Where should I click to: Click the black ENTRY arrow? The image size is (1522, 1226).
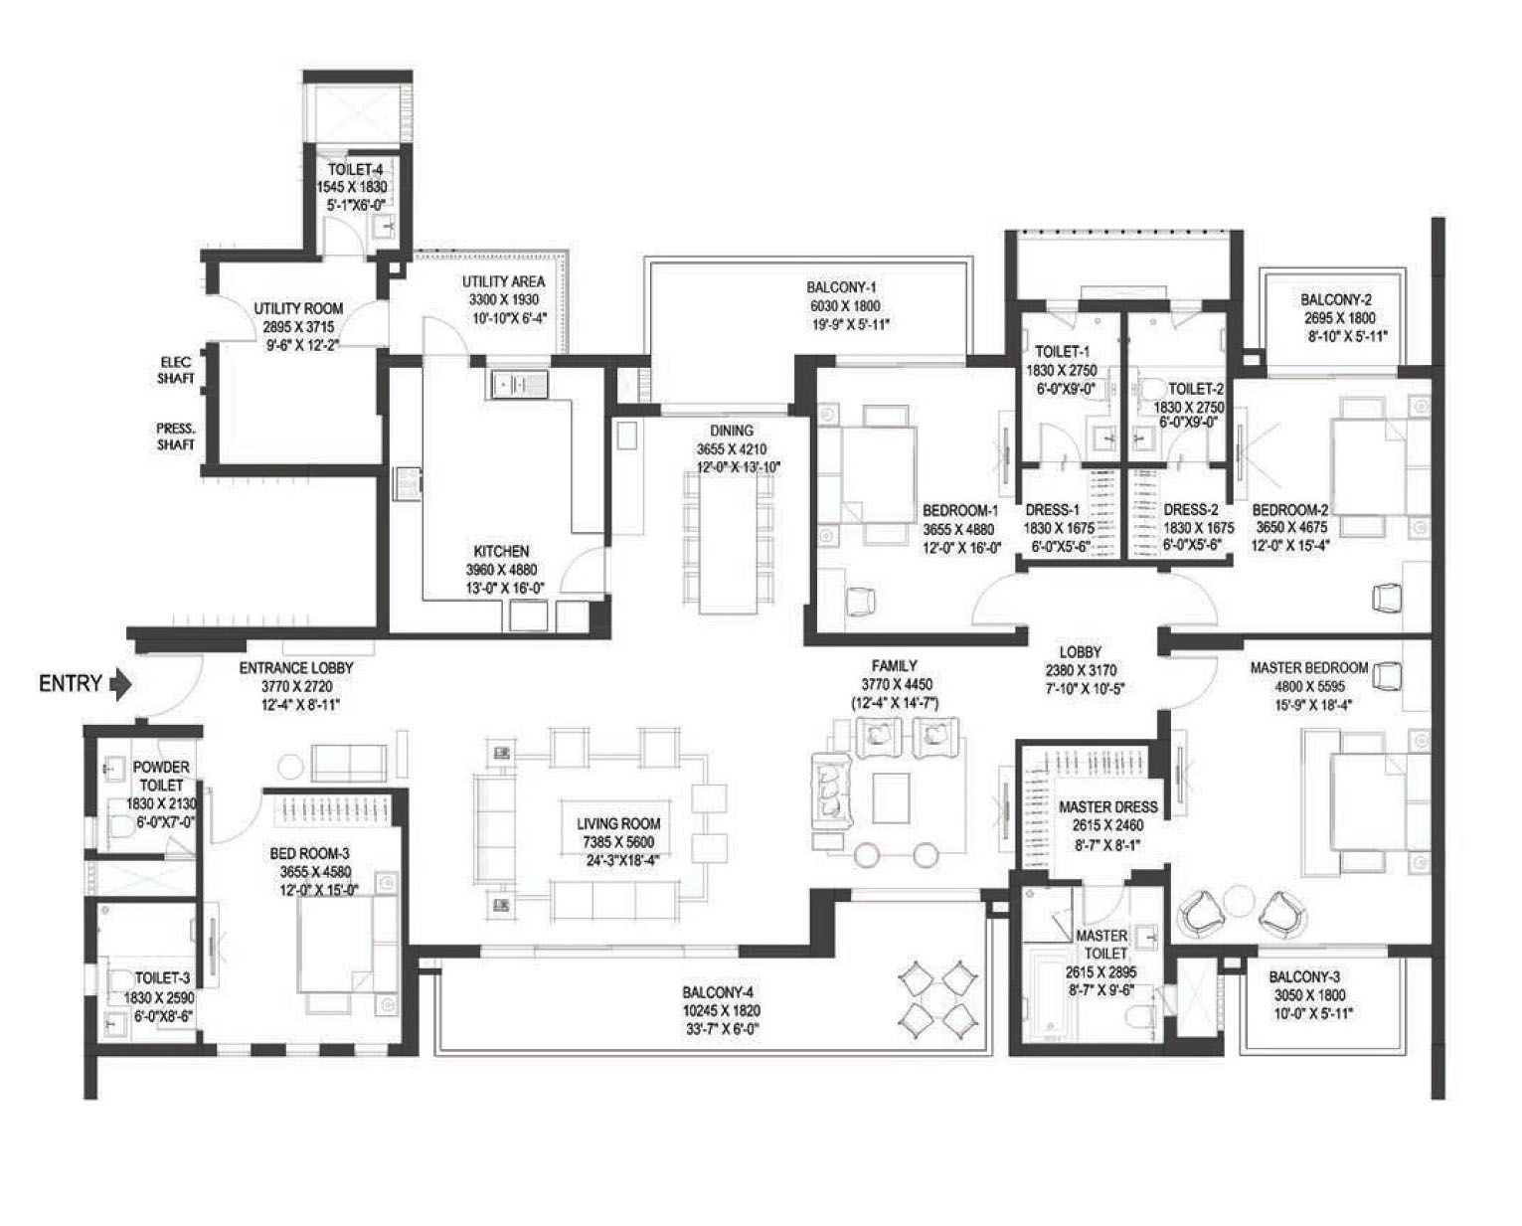click(121, 684)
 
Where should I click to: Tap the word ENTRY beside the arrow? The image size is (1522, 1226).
click(70, 684)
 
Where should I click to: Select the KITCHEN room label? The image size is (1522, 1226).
click(501, 551)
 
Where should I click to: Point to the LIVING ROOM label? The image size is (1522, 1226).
click(618, 823)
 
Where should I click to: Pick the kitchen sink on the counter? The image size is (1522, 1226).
click(517, 385)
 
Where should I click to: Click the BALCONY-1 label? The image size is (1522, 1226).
click(842, 287)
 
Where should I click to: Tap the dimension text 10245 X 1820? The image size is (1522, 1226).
click(721, 1011)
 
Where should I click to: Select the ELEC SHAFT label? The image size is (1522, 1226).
click(175, 370)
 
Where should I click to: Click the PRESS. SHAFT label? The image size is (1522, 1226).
click(175, 436)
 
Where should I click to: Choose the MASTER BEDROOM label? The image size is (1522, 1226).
click(1308, 667)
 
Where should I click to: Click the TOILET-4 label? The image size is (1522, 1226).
click(355, 170)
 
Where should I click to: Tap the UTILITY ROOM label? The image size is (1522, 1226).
click(298, 308)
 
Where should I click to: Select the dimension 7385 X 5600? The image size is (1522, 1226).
click(618, 842)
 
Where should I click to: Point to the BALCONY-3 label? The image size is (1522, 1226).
click(1304, 977)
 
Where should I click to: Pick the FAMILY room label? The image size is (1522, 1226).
click(894, 666)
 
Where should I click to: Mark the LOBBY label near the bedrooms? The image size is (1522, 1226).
click(1080, 652)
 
